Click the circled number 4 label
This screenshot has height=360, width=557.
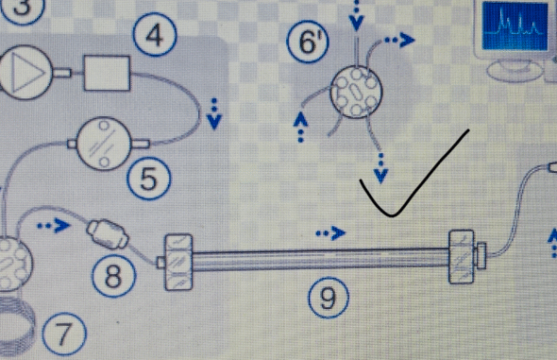point(155,34)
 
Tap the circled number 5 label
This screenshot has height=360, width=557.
point(149,178)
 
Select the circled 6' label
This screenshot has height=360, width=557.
point(308,41)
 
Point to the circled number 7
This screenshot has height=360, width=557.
point(64,334)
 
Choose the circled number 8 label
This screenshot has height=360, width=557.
point(113,275)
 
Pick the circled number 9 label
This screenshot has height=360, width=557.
point(329,298)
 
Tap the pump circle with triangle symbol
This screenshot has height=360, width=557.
point(25,72)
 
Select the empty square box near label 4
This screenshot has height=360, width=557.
point(107,73)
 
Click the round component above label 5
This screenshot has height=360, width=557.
point(104,144)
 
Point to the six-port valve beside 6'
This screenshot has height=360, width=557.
point(356,92)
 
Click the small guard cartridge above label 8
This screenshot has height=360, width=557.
point(108,234)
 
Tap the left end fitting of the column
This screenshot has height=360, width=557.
point(178,262)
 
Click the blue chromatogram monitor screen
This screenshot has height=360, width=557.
point(515,26)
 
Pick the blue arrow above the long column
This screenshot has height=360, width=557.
point(330,233)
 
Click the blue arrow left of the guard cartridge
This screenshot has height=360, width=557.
point(54,225)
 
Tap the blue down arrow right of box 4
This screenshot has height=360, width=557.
point(214,114)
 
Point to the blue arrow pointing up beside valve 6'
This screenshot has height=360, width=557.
point(301,128)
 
